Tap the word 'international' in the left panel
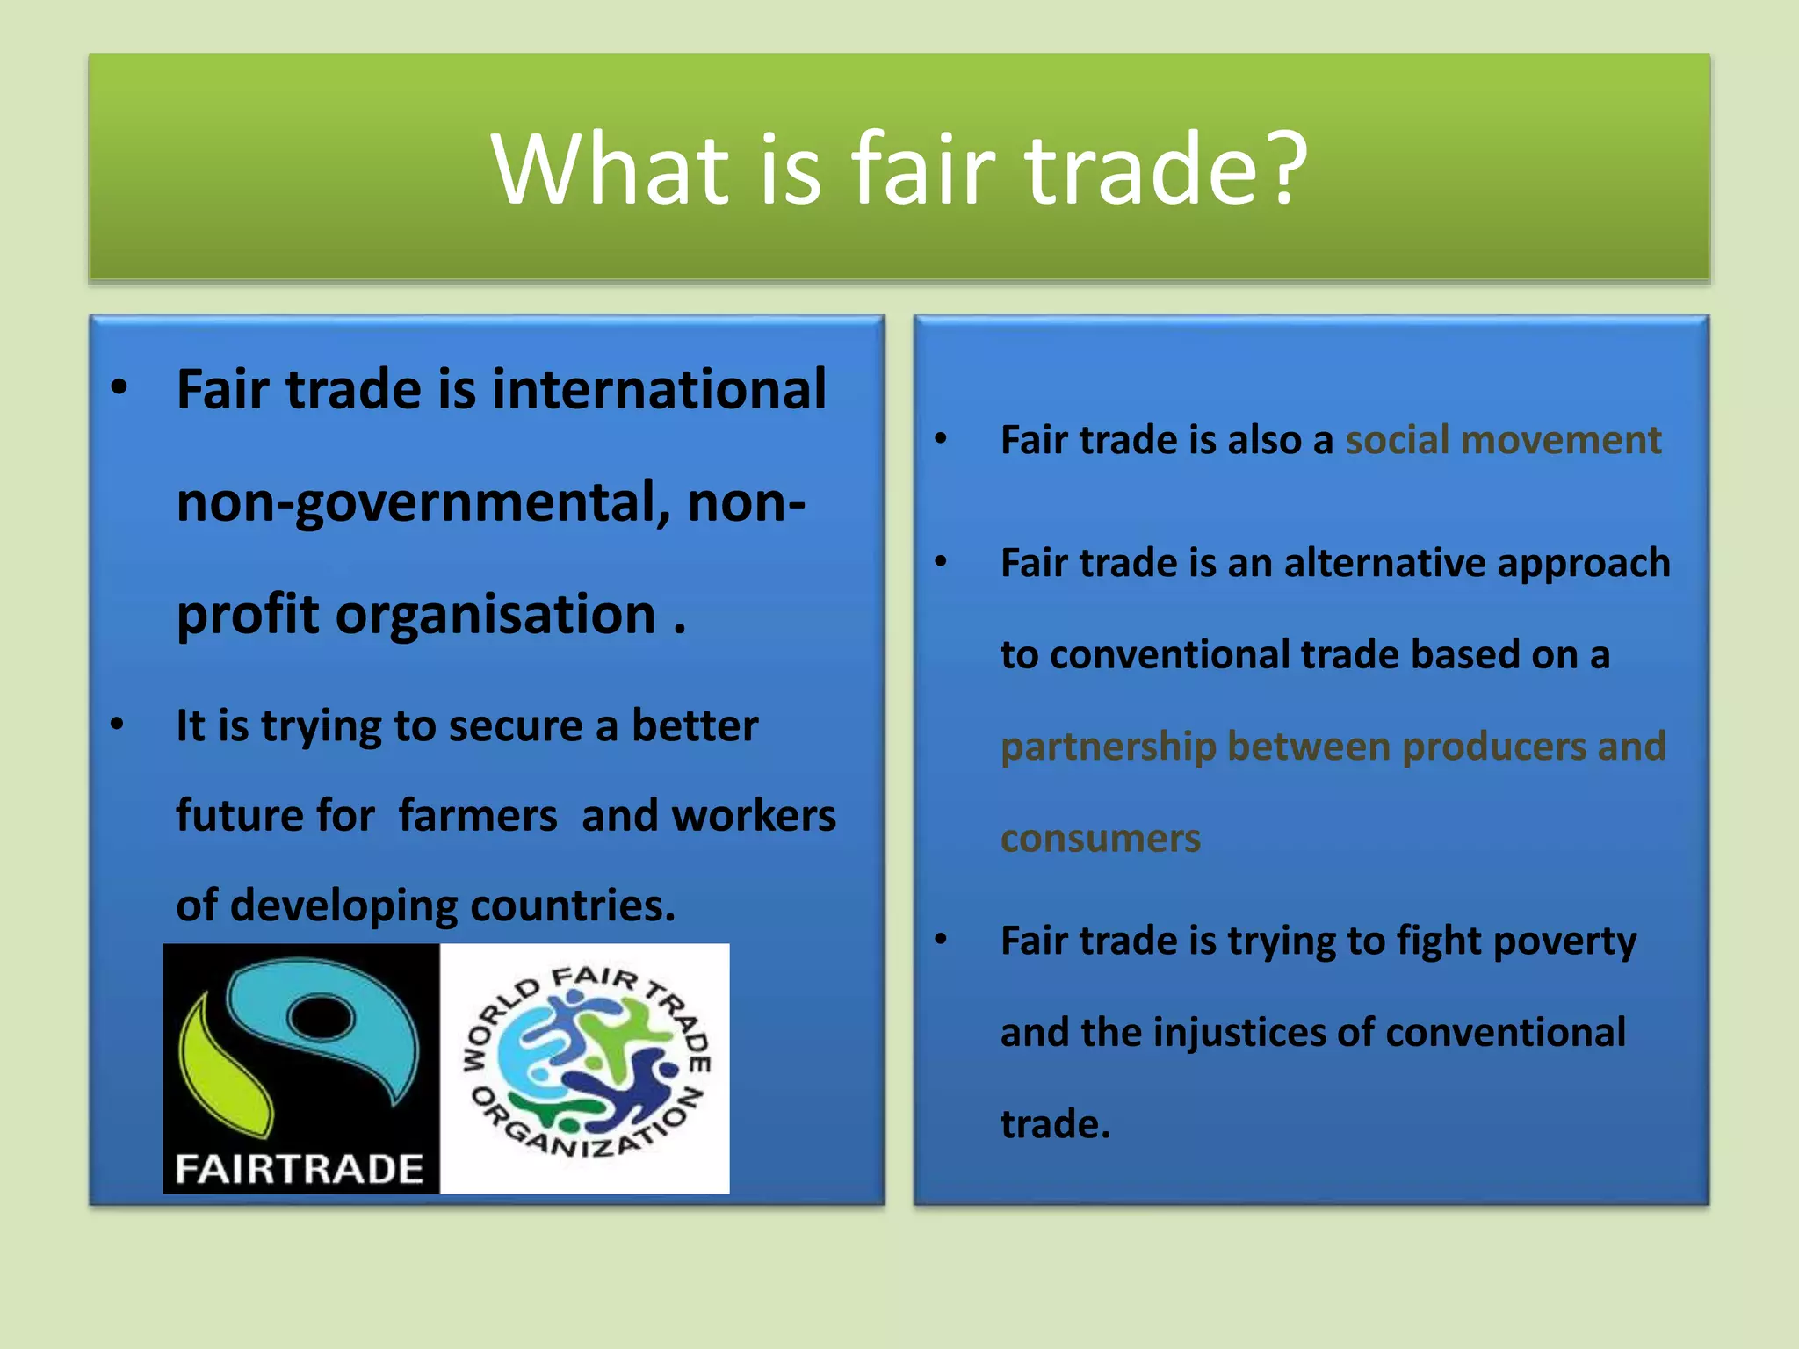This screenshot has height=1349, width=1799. point(659,389)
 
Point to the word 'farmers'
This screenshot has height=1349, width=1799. point(478,815)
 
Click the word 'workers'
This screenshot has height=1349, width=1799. point(754,815)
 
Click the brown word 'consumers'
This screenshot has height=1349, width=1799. point(1100,839)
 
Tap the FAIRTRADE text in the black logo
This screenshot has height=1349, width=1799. point(299,1169)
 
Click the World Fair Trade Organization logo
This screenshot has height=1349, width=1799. point(585,1067)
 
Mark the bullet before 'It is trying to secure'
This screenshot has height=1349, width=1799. point(118,725)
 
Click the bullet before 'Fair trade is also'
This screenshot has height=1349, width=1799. point(941,438)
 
